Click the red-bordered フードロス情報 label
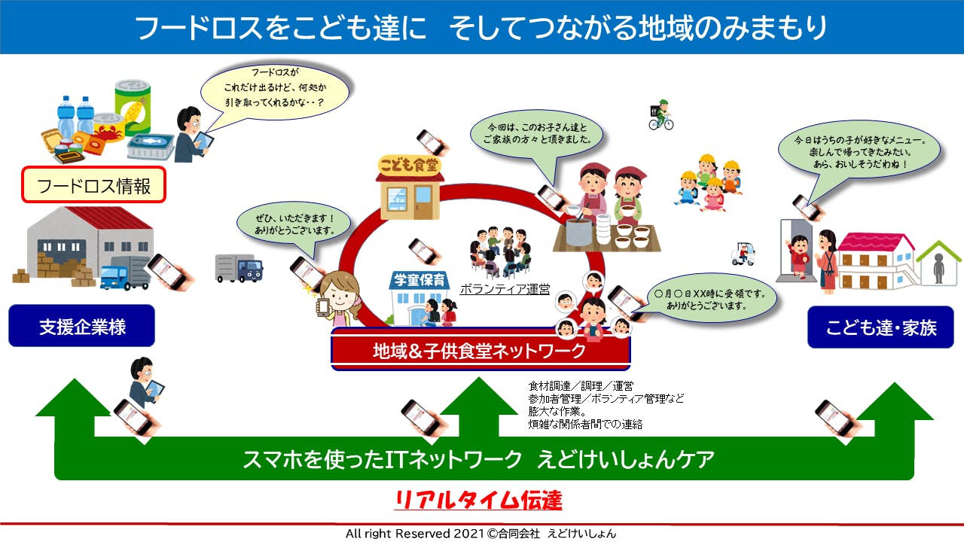click(x=94, y=185)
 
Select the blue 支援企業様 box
click(x=82, y=327)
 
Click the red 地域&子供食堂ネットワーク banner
click(x=480, y=350)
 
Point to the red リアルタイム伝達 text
click(x=478, y=500)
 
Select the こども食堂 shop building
click(x=410, y=187)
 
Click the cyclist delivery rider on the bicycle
click(x=660, y=114)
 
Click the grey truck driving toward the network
click(x=238, y=267)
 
